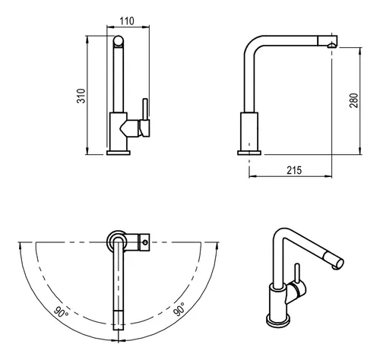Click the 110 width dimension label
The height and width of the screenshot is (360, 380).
pyautogui.click(x=127, y=21)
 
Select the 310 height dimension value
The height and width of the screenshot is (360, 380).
pyautogui.click(x=81, y=96)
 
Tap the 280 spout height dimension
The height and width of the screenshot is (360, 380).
pyautogui.click(x=353, y=100)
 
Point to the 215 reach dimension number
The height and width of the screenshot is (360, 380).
pyautogui.click(x=294, y=170)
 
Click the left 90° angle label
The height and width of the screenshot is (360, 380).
pyautogui.click(x=61, y=312)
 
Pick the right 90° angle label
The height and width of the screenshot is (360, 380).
pyautogui.click(x=179, y=309)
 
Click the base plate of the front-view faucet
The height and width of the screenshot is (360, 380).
pyautogui.click(x=119, y=153)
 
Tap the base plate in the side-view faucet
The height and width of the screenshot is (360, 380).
pyautogui.click(x=249, y=153)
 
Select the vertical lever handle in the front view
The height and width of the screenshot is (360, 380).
pyautogui.click(x=145, y=109)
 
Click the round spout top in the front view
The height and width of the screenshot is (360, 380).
pyautogui.click(x=119, y=42)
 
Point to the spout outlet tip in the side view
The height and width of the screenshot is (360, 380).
pyautogui.click(x=331, y=46)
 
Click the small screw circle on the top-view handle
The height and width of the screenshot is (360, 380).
pyautogui.click(x=145, y=242)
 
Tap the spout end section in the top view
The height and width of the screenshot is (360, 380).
pyautogui.click(x=119, y=320)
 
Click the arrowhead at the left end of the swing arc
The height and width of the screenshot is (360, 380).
pyautogui.click(x=20, y=245)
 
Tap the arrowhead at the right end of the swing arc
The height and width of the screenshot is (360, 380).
pyautogui.click(x=217, y=245)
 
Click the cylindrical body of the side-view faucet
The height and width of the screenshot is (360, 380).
pyautogui.click(x=249, y=131)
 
